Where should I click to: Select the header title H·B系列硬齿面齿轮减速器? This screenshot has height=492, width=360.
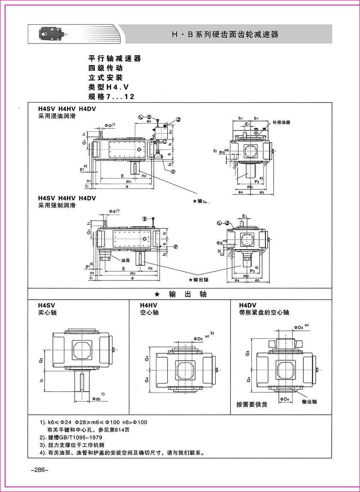(225, 35)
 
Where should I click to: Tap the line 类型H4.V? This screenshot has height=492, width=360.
(108, 87)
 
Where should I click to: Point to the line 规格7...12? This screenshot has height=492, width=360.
(111, 97)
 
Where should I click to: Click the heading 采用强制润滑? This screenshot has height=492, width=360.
(57, 205)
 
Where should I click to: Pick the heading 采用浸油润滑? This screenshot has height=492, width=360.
(57, 116)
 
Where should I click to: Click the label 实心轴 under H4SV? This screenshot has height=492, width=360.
(47, 313)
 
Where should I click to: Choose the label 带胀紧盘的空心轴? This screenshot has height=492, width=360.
(264, 313)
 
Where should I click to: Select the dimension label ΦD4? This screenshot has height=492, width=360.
(284, 399)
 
